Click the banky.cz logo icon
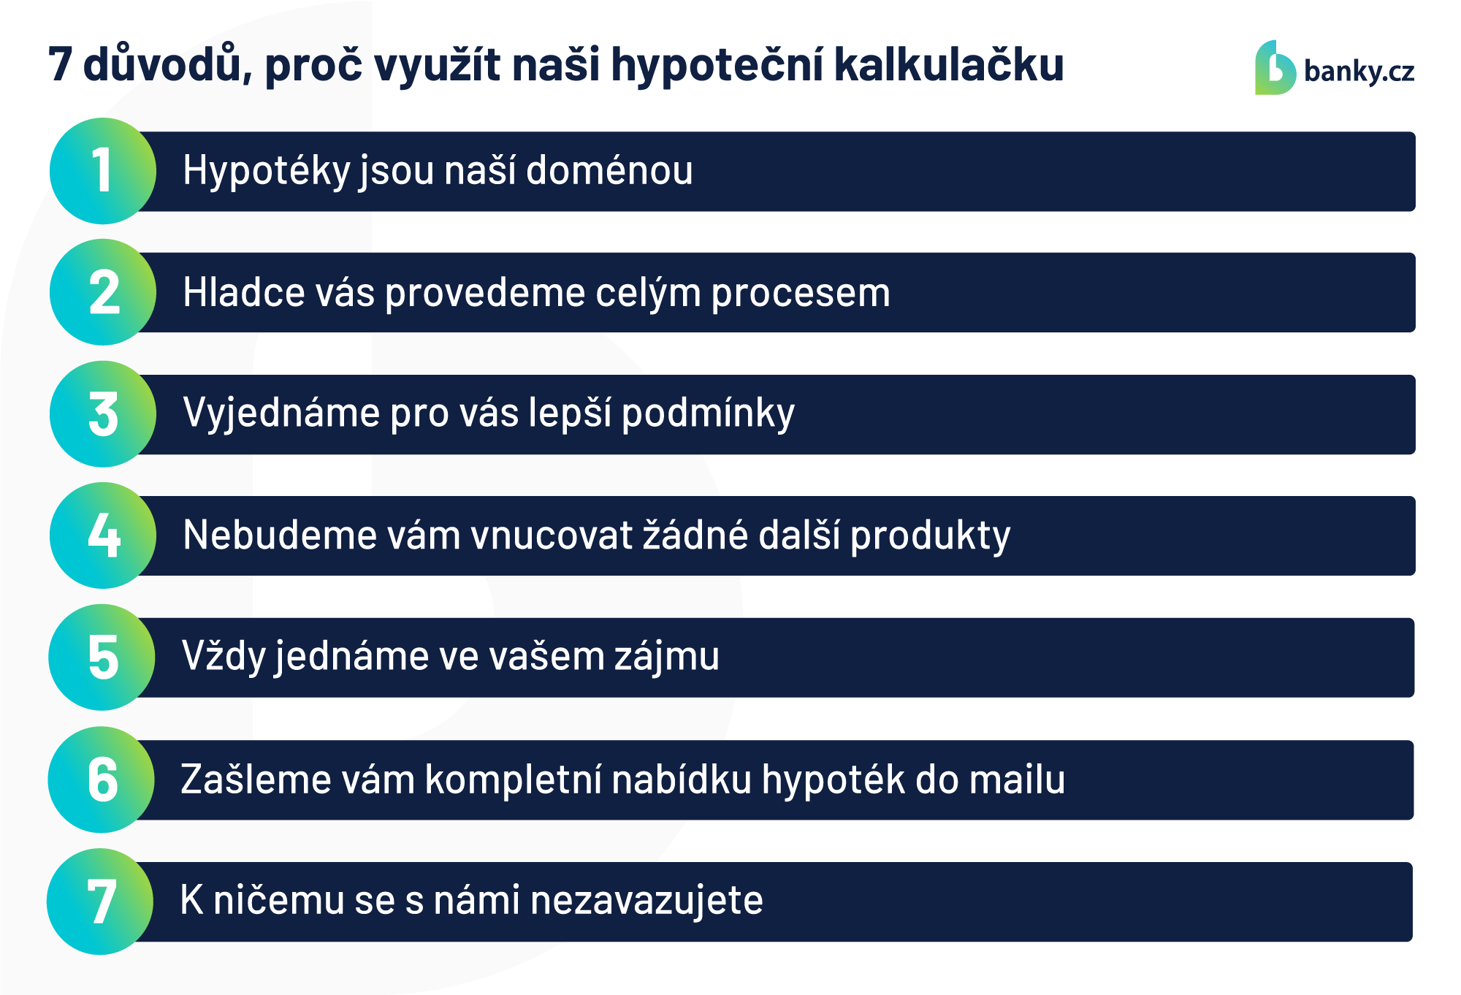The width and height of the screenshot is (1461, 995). click(1275, 67)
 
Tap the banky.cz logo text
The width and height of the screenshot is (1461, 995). click(1359, 72)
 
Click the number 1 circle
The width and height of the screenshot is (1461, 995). click(103, 171)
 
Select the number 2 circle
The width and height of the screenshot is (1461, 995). click(103, 292)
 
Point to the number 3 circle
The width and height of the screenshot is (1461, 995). click(103, 414)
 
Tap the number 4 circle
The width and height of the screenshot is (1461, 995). click(103, 535)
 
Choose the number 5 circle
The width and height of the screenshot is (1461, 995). click(102, 657)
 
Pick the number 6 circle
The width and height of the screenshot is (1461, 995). click(102, 779)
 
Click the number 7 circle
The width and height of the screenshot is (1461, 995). click(100, 901)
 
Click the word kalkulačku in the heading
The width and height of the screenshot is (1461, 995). click(949, 64)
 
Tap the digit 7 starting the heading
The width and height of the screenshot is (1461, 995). click(61, 64)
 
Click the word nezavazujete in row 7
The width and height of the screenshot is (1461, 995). click(646, 901)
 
